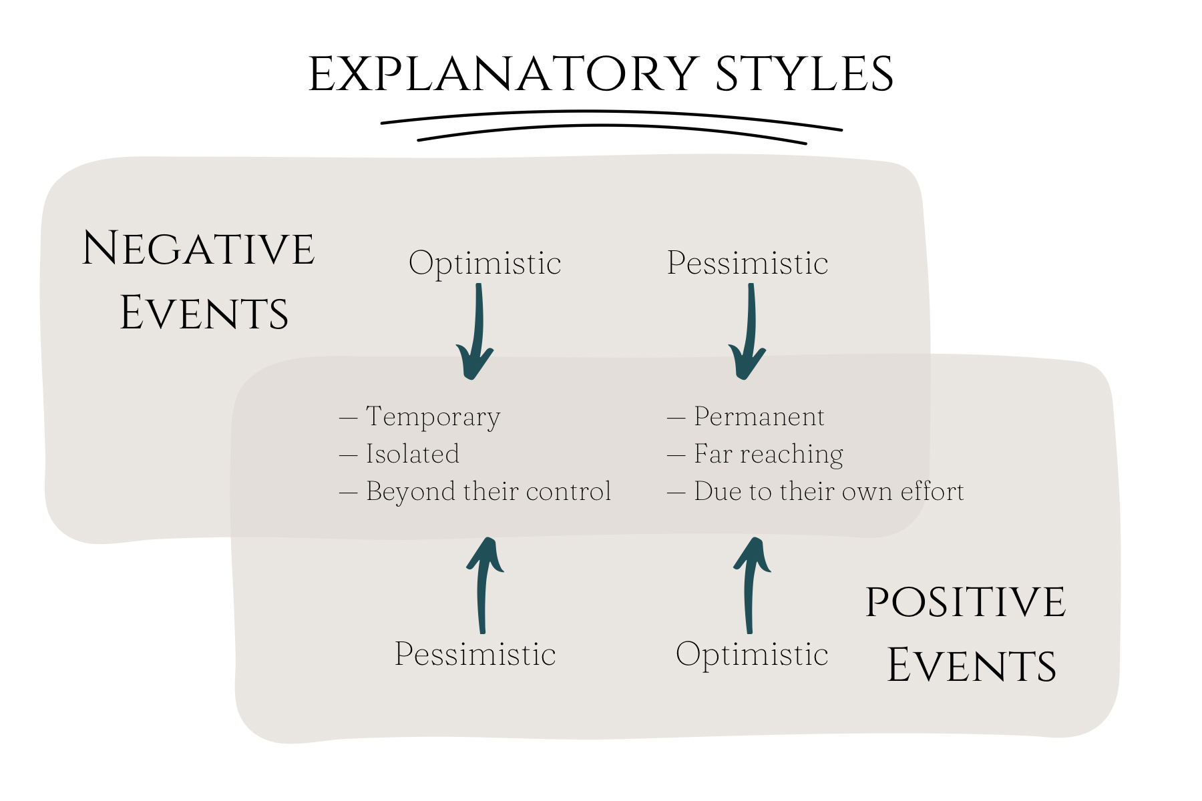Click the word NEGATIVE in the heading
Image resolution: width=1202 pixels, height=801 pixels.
(198, 249)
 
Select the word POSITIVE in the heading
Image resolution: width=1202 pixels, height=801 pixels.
(965, 602)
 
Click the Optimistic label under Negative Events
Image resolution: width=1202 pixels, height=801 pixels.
(485, 263)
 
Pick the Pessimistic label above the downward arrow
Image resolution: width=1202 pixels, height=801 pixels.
(747, 263)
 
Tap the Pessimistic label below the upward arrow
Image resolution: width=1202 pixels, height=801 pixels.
(475, 654)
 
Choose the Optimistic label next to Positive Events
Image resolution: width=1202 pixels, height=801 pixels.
(752, 654)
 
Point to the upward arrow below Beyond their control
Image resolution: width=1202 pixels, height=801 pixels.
(484, 584)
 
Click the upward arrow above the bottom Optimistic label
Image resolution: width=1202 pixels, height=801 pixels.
(751, 584)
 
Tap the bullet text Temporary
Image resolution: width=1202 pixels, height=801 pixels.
(433, 417)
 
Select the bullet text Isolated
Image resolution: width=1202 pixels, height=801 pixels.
(413, 455)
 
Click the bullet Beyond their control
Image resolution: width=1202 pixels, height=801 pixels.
(488, 492)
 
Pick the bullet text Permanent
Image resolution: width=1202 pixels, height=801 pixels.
(759, 417)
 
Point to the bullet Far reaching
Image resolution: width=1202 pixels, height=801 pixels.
(769, 455)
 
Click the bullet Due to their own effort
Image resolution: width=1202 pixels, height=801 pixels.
(829, 492)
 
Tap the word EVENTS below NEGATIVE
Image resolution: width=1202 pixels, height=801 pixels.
(204, 313)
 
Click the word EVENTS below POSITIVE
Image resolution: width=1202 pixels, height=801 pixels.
(972, 665)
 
